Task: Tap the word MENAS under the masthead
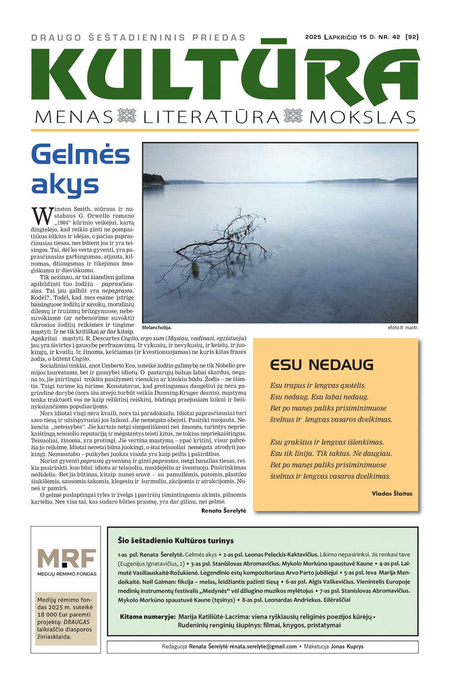(74, 117)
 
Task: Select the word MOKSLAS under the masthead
(363, 117)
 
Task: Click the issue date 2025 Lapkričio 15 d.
(341, 37)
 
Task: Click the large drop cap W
(42, 216)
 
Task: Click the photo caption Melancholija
(157, 327)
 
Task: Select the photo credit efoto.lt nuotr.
(403, 327)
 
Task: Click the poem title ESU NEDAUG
(321, 365)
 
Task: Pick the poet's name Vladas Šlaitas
(392, 493)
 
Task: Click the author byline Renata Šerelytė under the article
(224, 511)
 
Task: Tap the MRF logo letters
(67, 558)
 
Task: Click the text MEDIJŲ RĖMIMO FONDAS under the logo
(67, 574)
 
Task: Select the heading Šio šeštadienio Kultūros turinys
(176, 540)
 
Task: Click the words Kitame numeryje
(147, 617)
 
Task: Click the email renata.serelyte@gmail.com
(263, 647)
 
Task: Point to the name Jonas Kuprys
(347, 647)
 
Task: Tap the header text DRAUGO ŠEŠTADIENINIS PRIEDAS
(138, 38)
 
